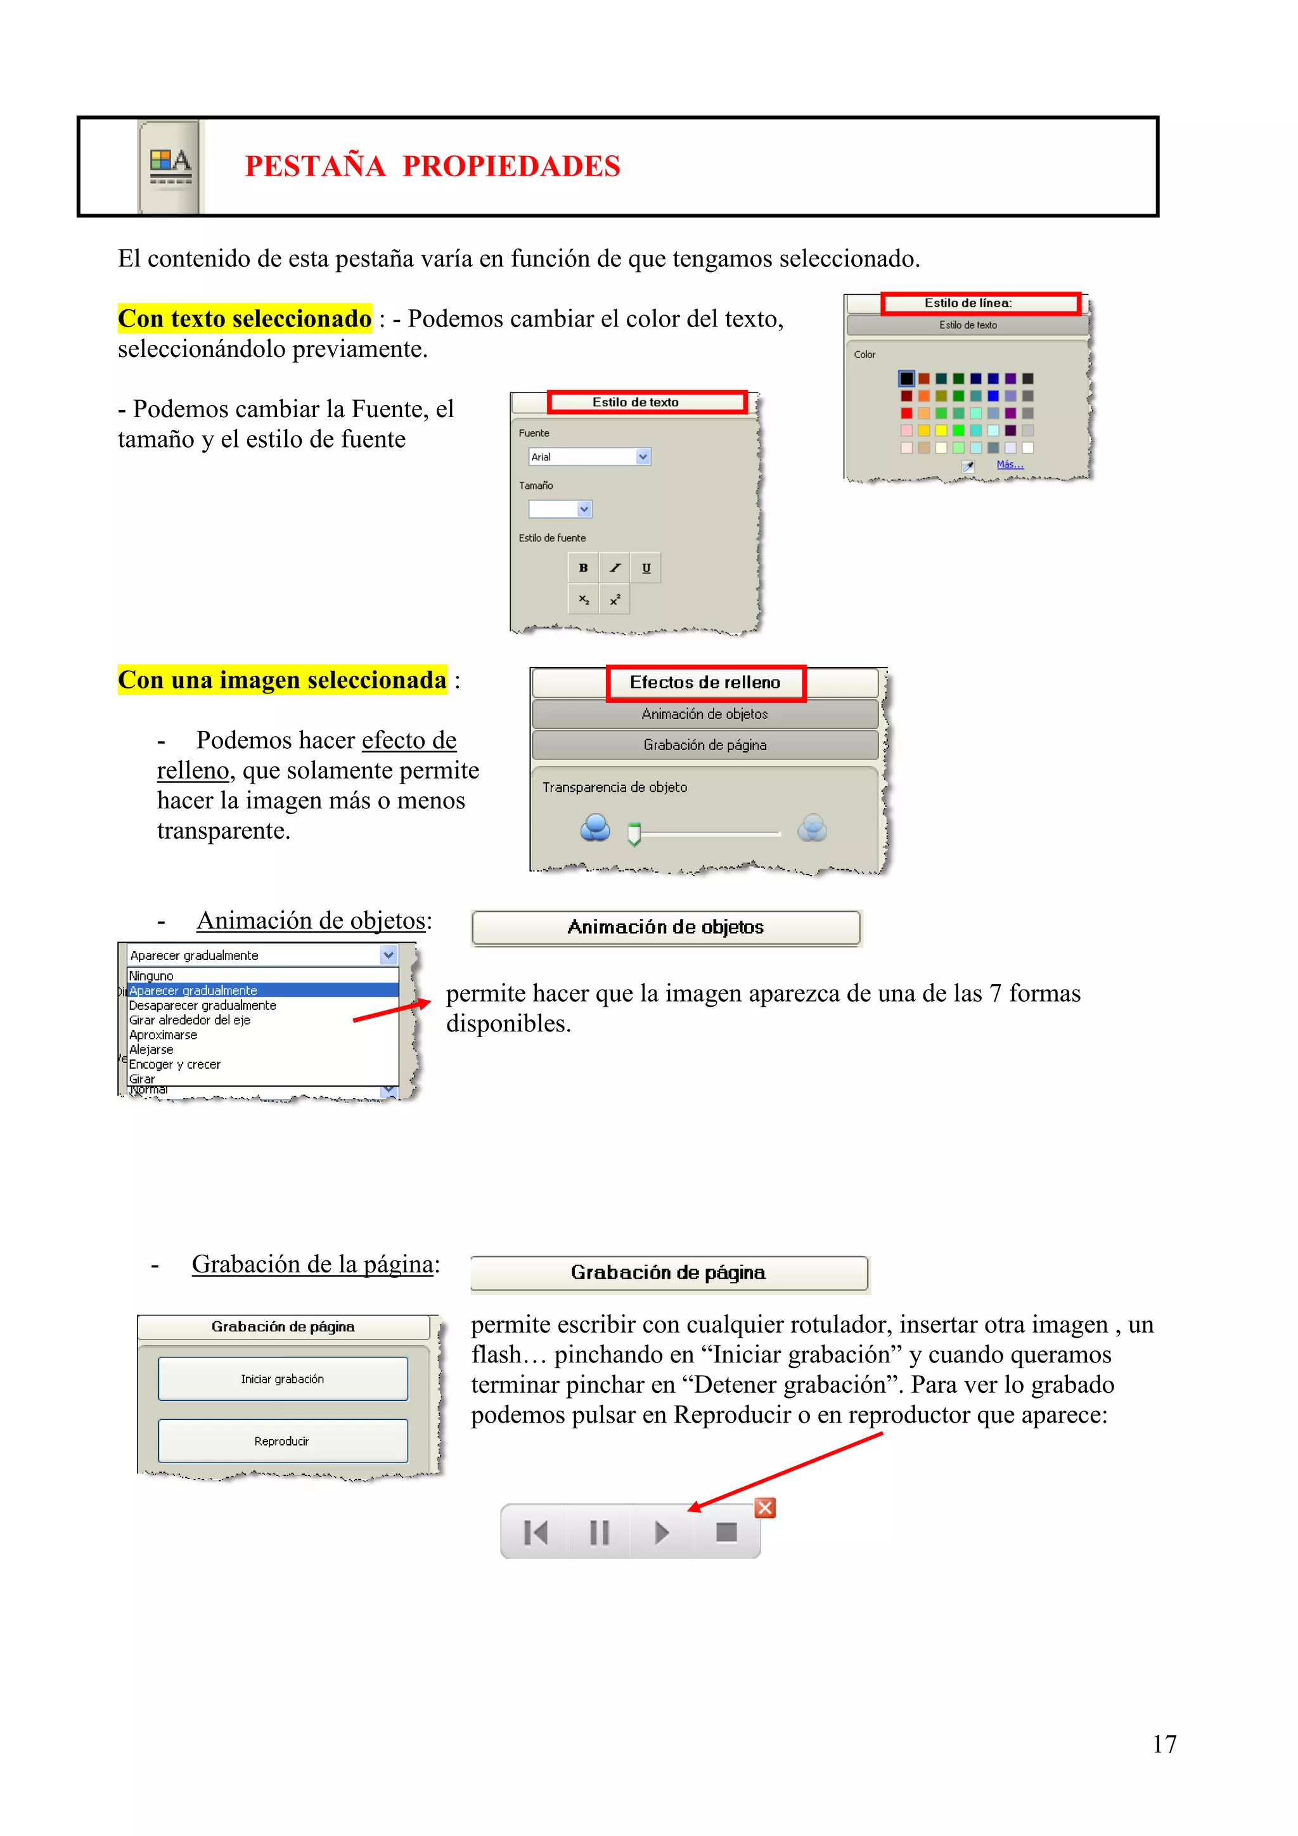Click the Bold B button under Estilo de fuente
pyautogui.click(x=584, y=568)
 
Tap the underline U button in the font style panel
pyautogui.click(x=646, y=568)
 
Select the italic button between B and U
pyautogui.click(x=615, y=568)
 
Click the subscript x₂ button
pyautogui.click(x=584, y=599)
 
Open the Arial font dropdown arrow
pyautogui.click(x=643, y=456)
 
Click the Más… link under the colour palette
pyautogui.click(x=1010, y=465)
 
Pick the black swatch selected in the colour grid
pyautogui.click(x=906, y=378)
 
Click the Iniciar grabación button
pyautogui.click(x=283, y=1379)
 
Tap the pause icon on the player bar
pyautogui.click(x=599, y=1532)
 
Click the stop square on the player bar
pyautogui.click(x=726, y=1532)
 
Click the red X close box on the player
pyautogui.click(x=765, y=1508)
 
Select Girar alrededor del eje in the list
pyautogui.click(x=190, y=1020)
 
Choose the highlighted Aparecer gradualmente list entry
pyautogui.click(x=193, y=991)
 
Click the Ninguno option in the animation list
pyautogui.click(x=152, y=976)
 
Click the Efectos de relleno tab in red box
pyautogui.click(x=705, y=683)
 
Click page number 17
pyautogui.click(x=1164, y=1744)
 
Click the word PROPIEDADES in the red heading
pyautogui.click(x=511, y=166)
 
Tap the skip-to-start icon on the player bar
pyautogui.click(x=536, y=1532)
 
